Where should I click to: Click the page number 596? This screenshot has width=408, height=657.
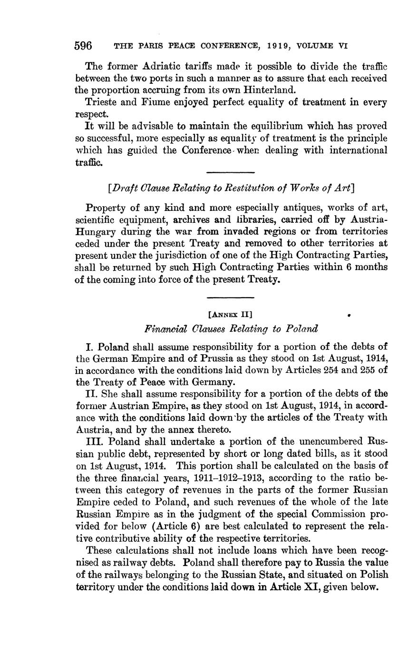(x=83, y=46)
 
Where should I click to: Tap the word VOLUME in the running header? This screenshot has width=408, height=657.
(x=316, y=46)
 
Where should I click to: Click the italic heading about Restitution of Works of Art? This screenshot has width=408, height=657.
(x=231, y=188)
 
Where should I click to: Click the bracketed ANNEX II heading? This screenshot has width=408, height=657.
(x=231, y=314)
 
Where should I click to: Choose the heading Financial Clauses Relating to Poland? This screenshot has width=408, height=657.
(x=231, y=328)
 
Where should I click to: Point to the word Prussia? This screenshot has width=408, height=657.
(x=218, y=358)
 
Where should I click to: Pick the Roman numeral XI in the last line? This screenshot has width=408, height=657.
(x=312, y=587)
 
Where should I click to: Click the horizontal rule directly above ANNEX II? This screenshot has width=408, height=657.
(x=231, y=299)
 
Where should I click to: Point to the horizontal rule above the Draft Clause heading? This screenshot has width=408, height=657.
(x=231, y=172)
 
